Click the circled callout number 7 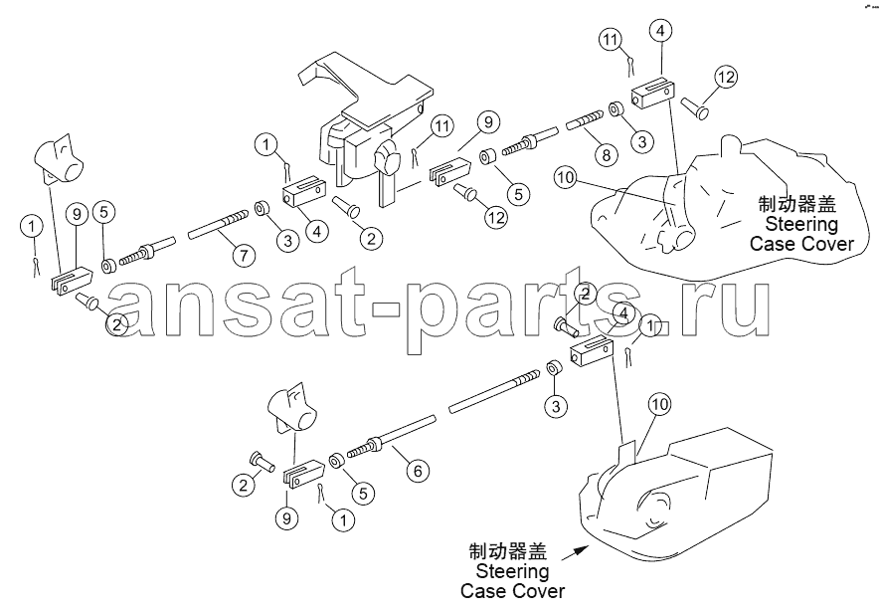coord(244,257)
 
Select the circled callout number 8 coord(606,154)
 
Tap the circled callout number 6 coord(418,470)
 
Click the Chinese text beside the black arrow coord(508,551)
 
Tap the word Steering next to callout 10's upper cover coord(801,224)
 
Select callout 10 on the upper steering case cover coord(566,178)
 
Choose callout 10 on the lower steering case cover coord(660,404)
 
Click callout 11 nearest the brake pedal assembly coord(442,126)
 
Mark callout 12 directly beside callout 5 coord(495,217)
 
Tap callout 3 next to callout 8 coord(642,141)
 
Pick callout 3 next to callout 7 coord(287,241)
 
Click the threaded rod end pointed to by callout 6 coord(364,448)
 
